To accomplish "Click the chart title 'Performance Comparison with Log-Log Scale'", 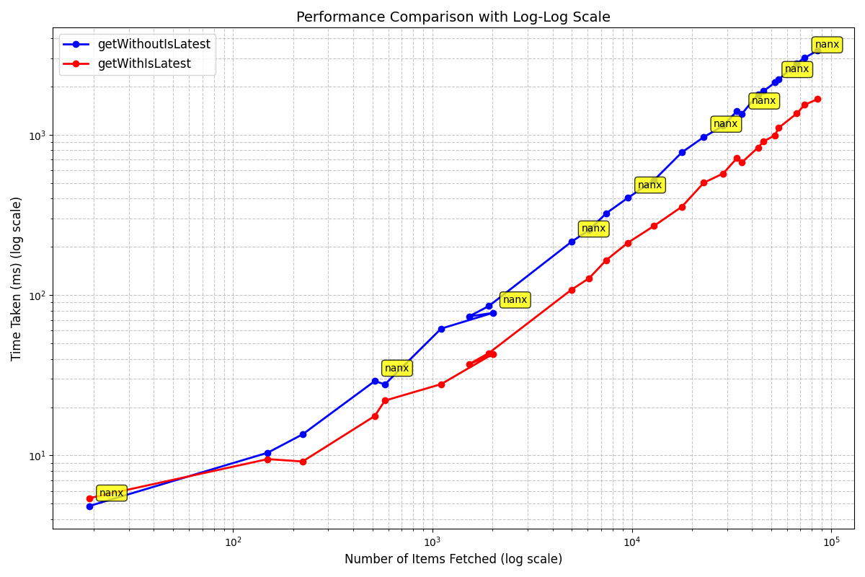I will pyautogui.click(x=453, y=17).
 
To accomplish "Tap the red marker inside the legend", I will pyautogui.click(x=76, y=64).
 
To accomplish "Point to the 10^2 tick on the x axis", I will pyautogui.click(x=233, y=540).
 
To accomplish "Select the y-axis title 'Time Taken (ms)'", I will pyautogui.click(x=17, y=278).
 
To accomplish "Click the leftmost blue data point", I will pyautogui.click(x=89, y=506).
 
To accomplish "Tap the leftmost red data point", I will pyautogui.click(x=89, y=498).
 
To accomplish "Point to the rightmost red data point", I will pyautogui.click(x=817, y=99).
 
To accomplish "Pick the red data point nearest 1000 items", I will pyautogui.click(x=441, y=384).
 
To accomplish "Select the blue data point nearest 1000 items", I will pyautogui.click(x=441, y=329).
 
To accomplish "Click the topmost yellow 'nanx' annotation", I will pyautogui.click(x=827, y=45).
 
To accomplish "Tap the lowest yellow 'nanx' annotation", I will pyautogui.click(x=111, y=493).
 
